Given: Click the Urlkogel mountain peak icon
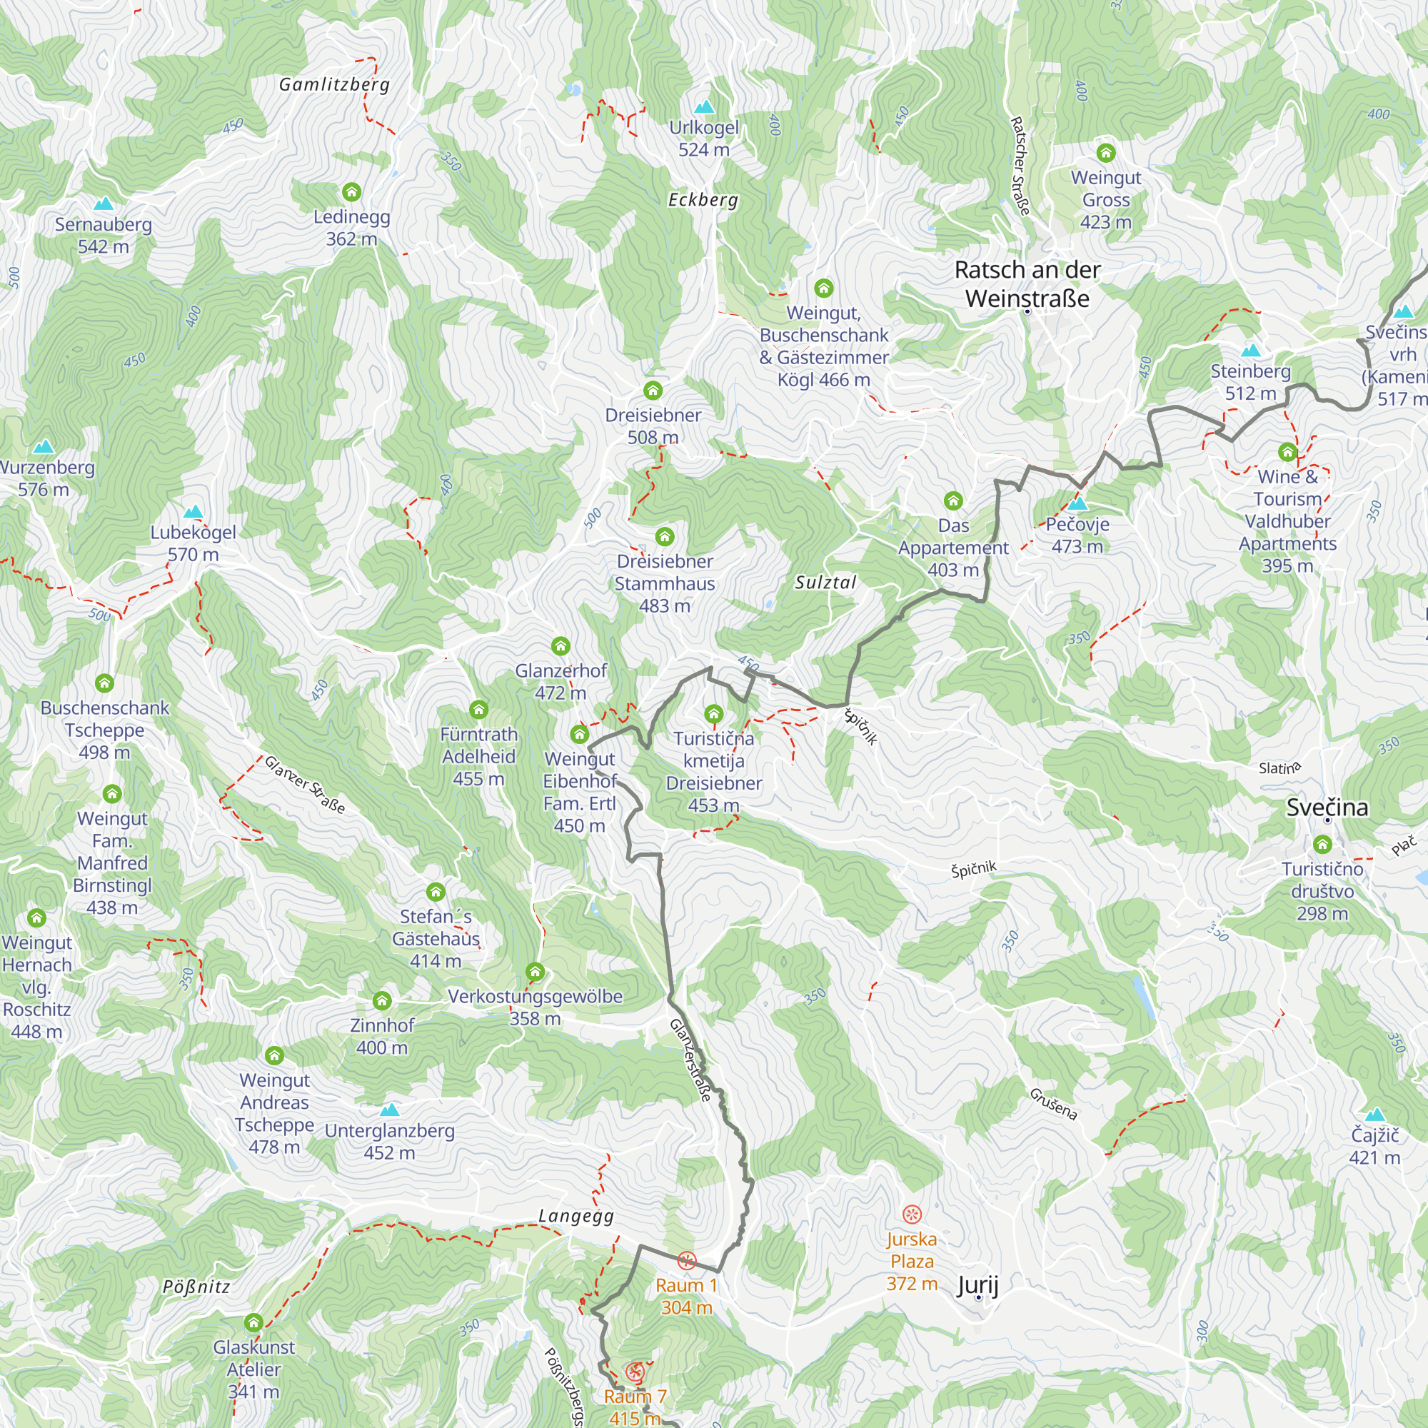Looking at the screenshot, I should (705, 107).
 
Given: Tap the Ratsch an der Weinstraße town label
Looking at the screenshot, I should (1027, 284).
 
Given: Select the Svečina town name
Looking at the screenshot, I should (1327, 807).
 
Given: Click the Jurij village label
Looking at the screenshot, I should (977, 1285).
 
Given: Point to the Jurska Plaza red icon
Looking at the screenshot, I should (912, 1214).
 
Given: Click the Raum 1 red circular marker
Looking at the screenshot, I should (687, 1260).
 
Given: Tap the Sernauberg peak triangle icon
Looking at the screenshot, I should (104, 203).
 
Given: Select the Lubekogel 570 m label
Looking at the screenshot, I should (193, 543).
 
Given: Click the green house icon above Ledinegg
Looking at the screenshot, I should (352, 192).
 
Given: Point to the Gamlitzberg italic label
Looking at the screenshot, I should (334, 84).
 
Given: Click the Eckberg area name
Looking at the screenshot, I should (703, 200).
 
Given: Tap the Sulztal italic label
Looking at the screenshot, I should (825, 583).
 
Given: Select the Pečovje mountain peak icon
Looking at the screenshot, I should (1077, 504).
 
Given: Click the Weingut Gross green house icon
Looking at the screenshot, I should (1106, 153).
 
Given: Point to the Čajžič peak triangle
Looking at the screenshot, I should (1374, 1115).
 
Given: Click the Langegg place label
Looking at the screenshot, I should (575, 1216).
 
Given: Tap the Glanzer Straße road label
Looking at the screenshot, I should (305, 784).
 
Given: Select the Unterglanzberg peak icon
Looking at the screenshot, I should (390, 1110).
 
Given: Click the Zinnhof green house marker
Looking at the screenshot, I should (381, 1001).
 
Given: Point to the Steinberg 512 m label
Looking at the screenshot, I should (1250, 382).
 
